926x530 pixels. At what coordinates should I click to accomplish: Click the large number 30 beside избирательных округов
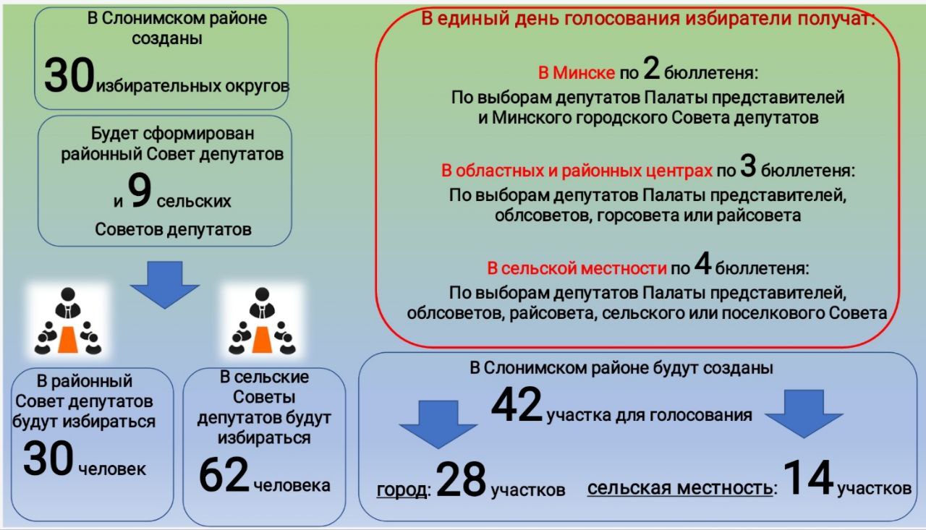69,75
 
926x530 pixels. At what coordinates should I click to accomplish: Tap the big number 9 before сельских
140,190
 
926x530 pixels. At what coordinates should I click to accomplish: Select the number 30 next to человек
48,458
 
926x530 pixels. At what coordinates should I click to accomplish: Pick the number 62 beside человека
224,474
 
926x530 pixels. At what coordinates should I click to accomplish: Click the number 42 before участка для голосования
517,404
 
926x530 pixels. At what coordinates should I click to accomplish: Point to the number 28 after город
461,479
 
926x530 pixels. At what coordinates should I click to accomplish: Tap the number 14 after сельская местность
808,477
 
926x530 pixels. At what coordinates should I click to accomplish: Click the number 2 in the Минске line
652,68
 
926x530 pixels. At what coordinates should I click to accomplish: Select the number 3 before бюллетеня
748,166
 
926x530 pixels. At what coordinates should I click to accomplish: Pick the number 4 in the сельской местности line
702,263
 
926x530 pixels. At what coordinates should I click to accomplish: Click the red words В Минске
577,73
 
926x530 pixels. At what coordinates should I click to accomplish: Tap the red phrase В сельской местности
577,268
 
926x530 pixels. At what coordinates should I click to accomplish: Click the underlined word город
402,490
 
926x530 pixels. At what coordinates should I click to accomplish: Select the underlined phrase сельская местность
680,489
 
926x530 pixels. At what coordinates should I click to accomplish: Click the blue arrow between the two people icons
165,285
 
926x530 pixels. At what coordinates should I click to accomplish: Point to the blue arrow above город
438,424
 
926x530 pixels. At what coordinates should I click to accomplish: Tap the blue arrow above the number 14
804,414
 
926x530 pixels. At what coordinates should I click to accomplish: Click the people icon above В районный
68,320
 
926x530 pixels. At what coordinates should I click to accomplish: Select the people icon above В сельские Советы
262,320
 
